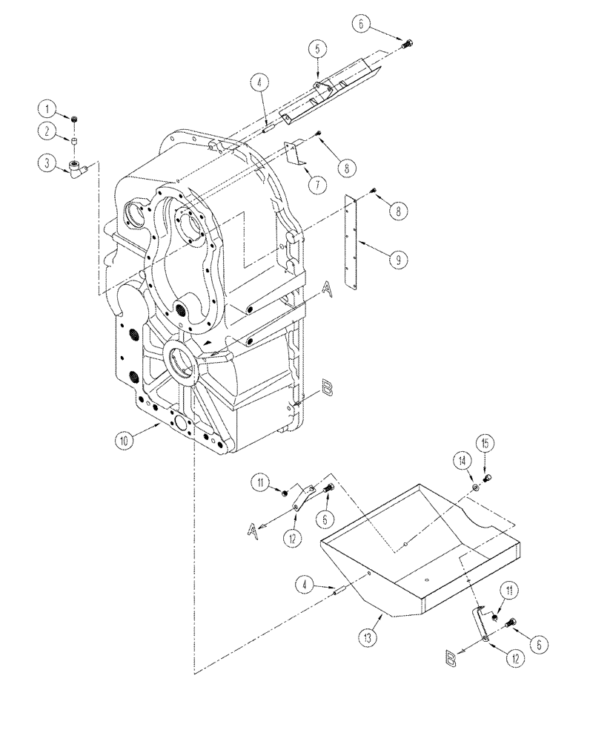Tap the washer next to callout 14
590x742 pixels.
click(x=475, y=486)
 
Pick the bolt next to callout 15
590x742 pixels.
click(x=488, y=477)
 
